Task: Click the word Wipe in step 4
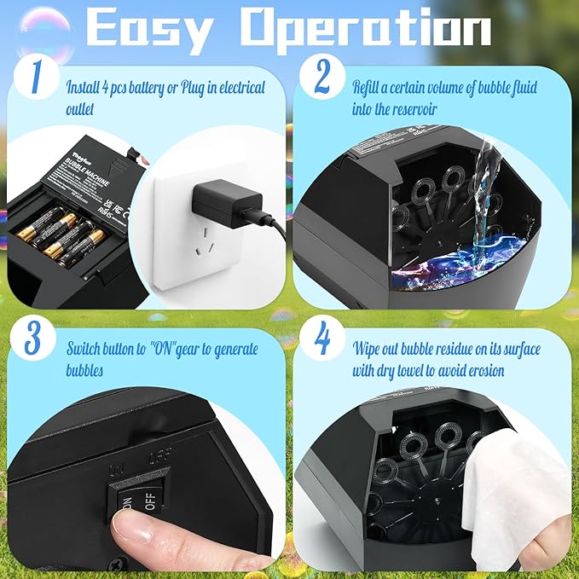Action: tap(368, 348)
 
